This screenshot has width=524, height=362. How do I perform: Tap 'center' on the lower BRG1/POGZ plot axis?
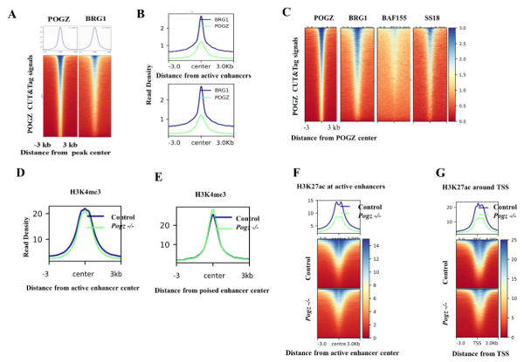[201, 141]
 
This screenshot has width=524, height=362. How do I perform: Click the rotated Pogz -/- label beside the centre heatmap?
[310, 312]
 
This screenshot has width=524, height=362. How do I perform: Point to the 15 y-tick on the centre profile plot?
[310, 201]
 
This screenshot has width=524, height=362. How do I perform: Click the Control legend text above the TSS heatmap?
[492, 206]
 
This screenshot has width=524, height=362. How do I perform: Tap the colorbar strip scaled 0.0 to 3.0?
[452, 74]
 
